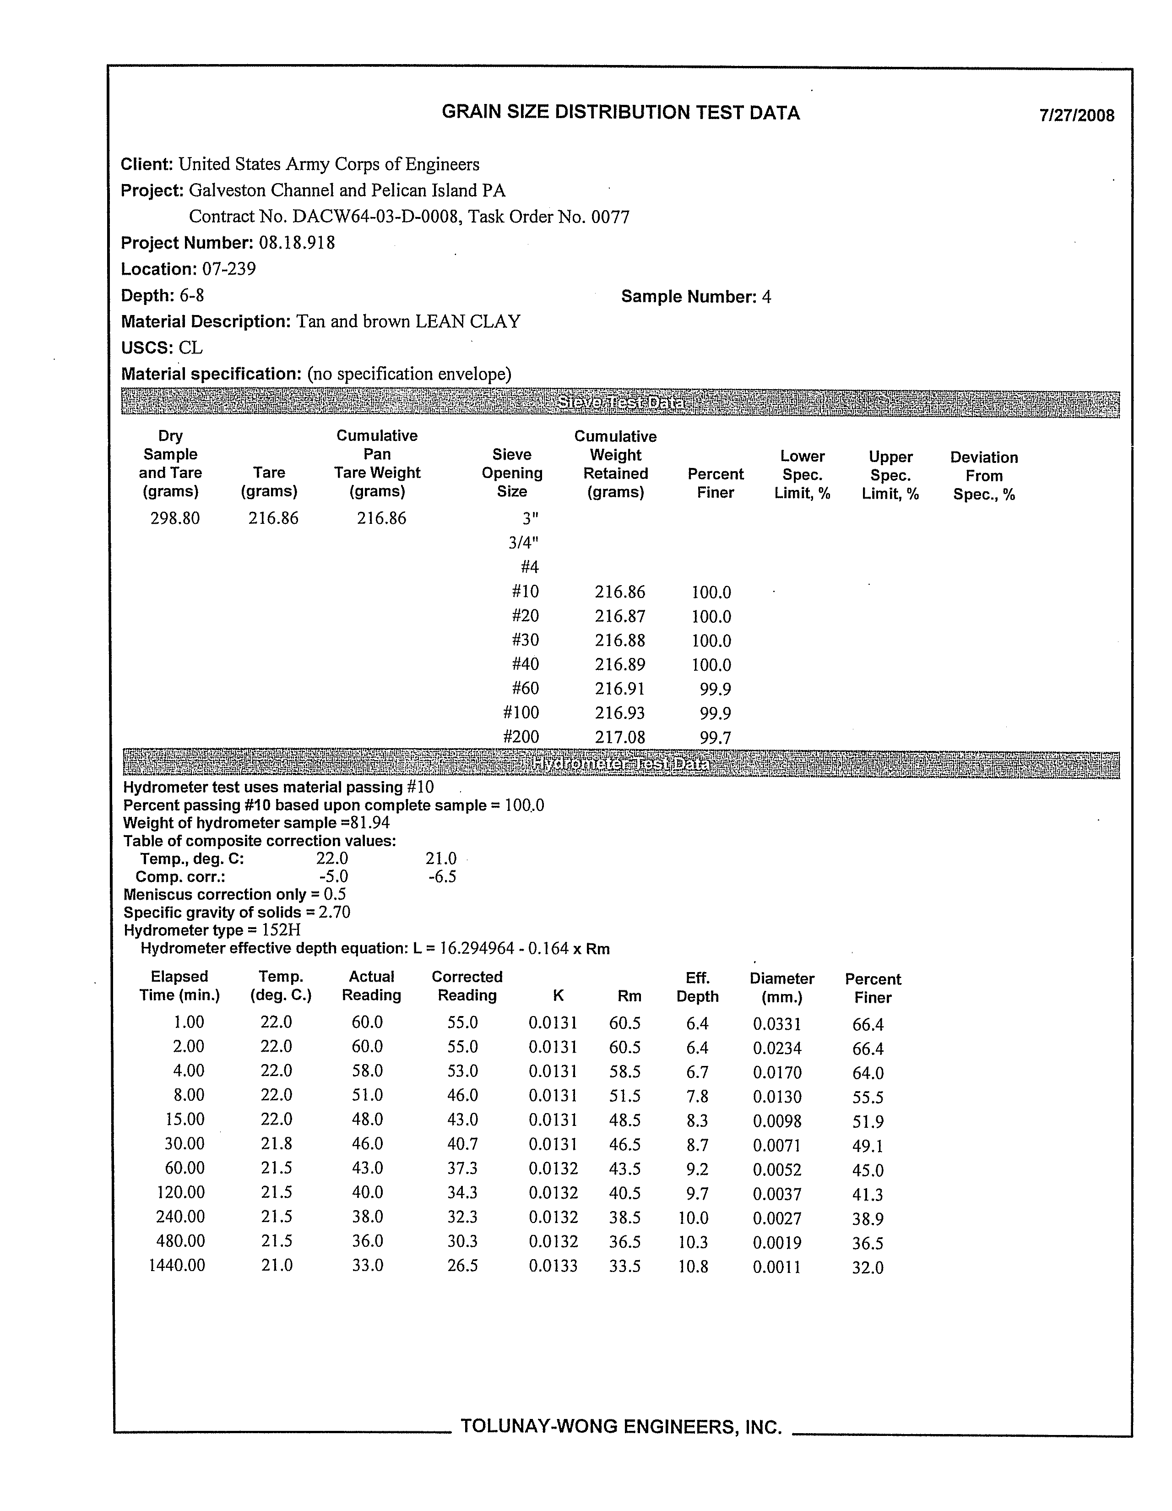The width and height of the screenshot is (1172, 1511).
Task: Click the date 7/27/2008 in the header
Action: click(x=1076, y=115)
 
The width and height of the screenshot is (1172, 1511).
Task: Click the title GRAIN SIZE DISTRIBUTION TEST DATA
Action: click(x=621, y=113)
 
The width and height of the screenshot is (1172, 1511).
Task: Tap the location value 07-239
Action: click(x=229, y=269)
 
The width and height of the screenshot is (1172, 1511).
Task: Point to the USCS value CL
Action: click(x=190, y=348)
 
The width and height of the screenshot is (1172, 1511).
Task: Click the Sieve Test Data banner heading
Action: click(x=621, y=403)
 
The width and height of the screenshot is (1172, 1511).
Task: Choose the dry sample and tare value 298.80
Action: click(x=175, y=518)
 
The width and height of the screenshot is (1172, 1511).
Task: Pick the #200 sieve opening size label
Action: click(x=521, y=737)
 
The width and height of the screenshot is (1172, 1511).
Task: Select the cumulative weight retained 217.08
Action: click(x=620, y=738)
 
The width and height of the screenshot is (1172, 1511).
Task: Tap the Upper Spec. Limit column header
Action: click(x=890, y=475)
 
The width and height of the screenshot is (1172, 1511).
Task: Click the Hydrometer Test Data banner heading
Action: click(x=621, y=765)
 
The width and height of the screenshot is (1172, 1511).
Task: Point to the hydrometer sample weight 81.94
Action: click(x=371, y=823)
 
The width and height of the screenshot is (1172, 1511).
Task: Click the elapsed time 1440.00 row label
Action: click(x=177, y=1266)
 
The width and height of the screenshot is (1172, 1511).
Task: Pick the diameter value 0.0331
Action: click(x=777, y=1024)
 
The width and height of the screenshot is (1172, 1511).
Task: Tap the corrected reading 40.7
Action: click(x=462, y=1144)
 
